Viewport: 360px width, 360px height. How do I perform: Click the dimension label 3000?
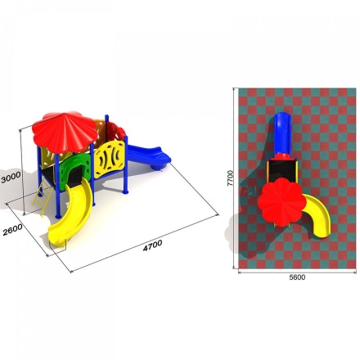(x=11, y=177)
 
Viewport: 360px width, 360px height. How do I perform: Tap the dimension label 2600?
(x=12, y=230)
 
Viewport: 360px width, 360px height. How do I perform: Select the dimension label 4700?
(x=153, y=245)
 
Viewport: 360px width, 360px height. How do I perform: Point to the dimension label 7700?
(x=231, y=178)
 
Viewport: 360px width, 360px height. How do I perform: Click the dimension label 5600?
(x=297, y=277)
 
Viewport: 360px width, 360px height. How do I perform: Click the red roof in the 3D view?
(x=65, y=132)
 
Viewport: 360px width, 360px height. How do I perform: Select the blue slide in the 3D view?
(x=149, y=157)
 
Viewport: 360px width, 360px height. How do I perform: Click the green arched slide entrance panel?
(x=74, y=170)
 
